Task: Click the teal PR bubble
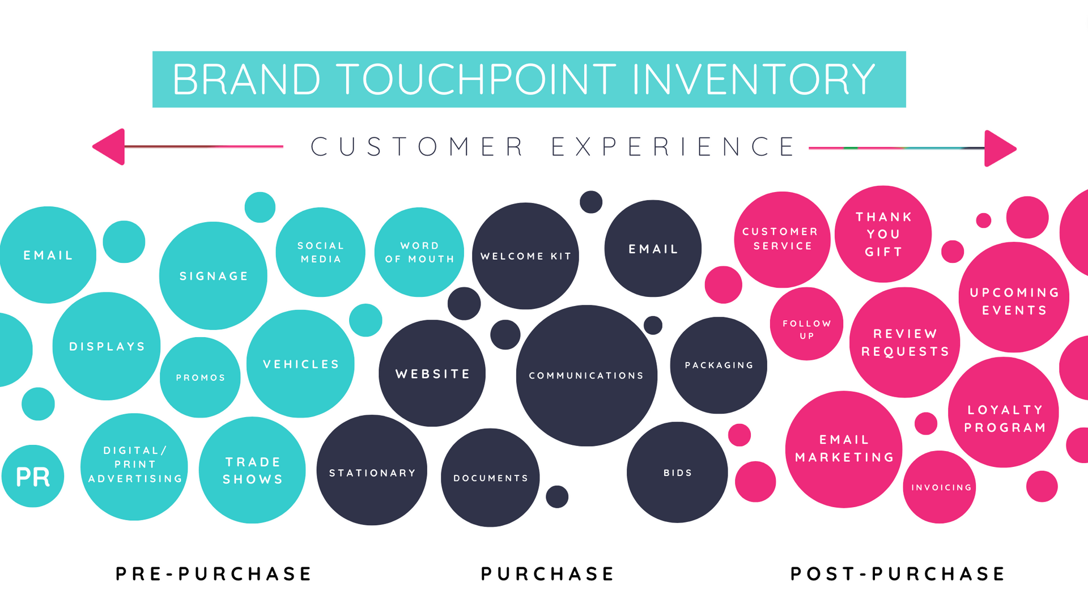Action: pos(33,476)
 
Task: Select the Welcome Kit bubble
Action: pos(525,256)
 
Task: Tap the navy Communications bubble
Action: pos(586,376)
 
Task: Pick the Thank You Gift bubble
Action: pos(883,233)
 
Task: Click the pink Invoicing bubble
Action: pos(940,487)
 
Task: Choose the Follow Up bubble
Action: pos(806,324)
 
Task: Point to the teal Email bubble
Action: pos(48,255)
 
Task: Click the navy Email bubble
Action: pos(653,248)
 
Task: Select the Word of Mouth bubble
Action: pos(419,252)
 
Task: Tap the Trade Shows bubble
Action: pos(252,470)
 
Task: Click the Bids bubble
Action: pos(677,472)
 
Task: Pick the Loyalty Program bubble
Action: pos(1004,412)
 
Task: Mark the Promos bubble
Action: pos(200,377)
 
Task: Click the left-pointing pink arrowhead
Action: pos(108,147)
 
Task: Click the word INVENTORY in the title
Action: pos(754,79)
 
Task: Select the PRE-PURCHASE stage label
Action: pos(214,574)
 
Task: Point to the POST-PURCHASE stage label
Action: pos(898,574)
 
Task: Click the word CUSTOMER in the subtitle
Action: pos(417,147)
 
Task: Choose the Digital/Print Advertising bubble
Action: pos(134,467)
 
